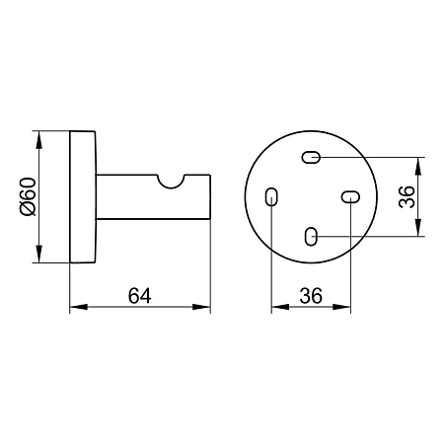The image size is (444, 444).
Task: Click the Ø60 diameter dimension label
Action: tap(29, 196)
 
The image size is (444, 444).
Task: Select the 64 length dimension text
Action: tap(139, 296)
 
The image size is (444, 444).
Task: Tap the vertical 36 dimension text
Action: tap(407, 196)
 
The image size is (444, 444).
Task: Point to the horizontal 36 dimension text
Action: tap(311, 296)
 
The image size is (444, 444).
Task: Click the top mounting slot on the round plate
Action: tap(311, 157)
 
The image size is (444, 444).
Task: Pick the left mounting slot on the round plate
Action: tap(271, 196)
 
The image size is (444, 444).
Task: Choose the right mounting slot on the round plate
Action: tap(350, 197)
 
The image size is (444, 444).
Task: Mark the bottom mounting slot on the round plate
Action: tap(311, 237)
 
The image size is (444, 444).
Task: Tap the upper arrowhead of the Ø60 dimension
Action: tap(38, 139)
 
